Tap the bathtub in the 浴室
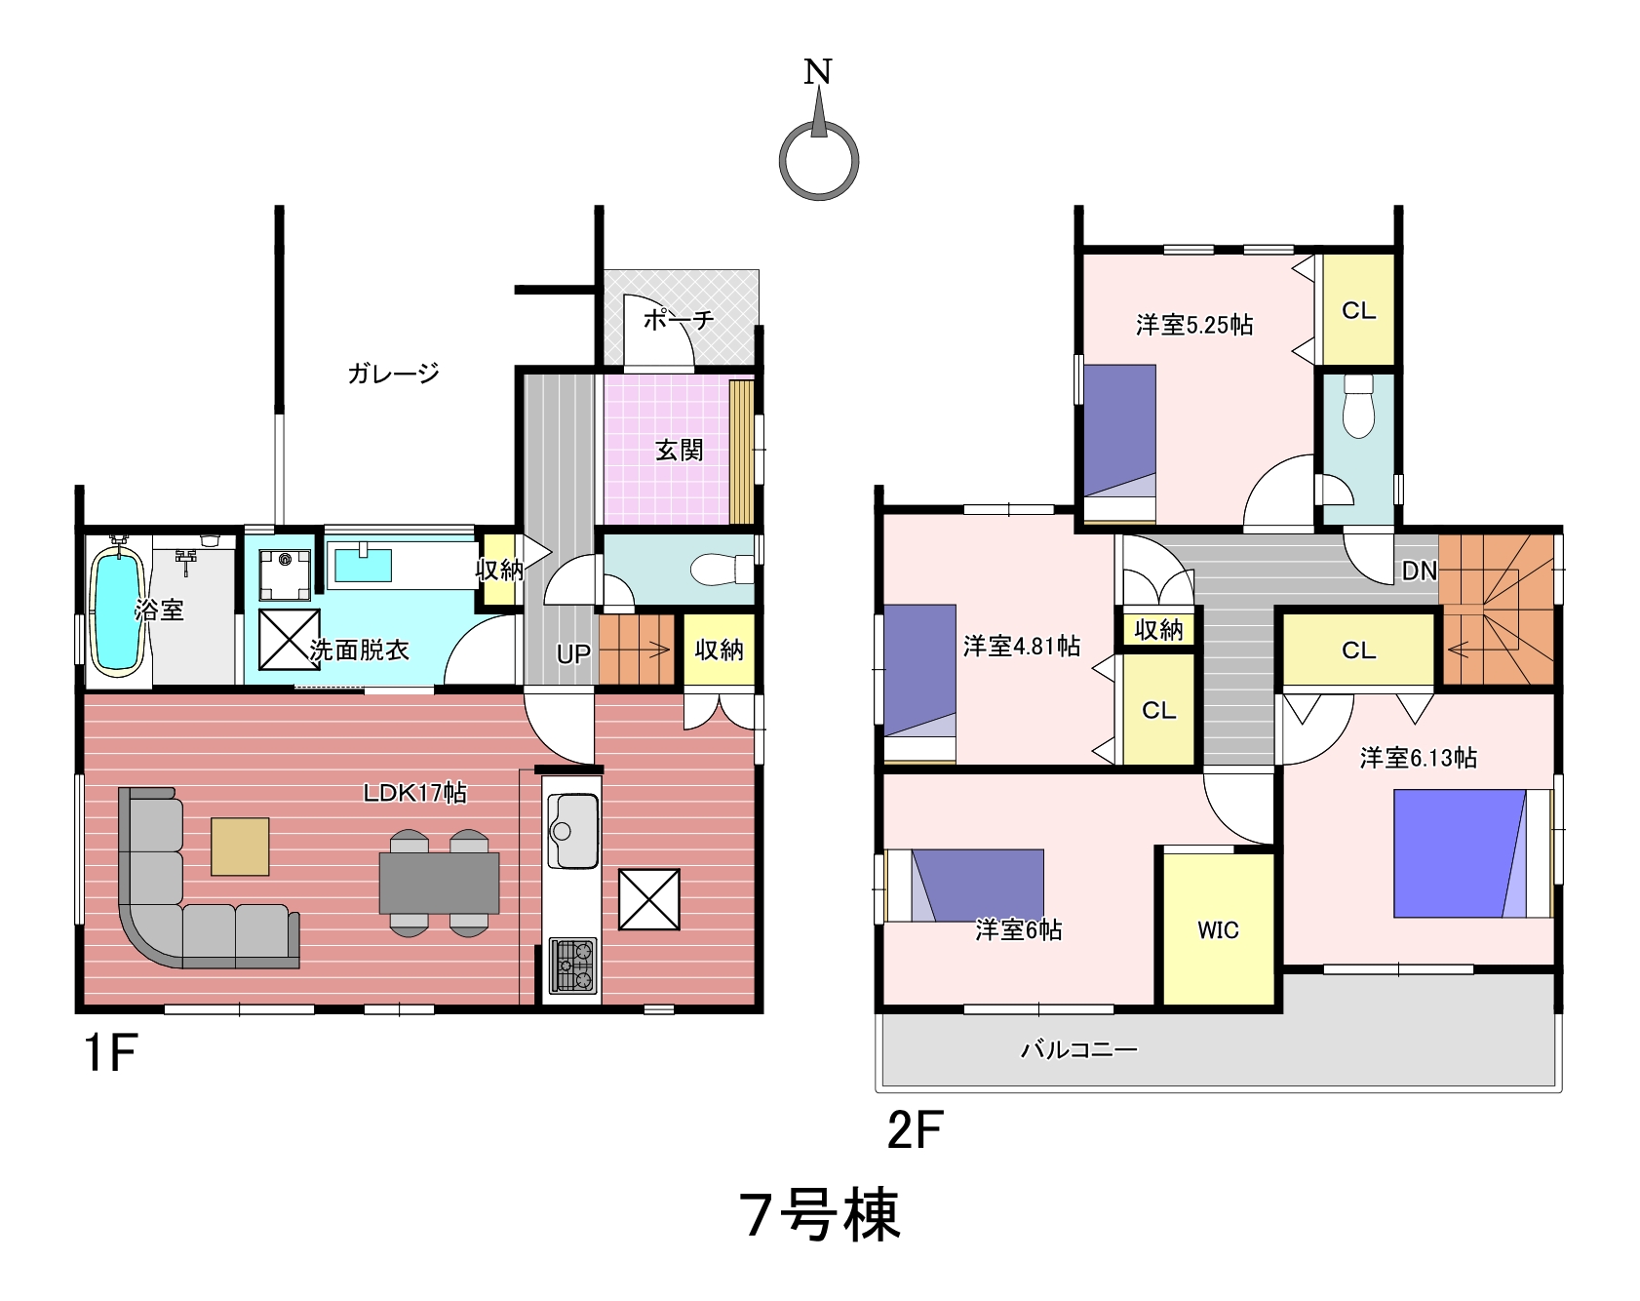pyautogui.click(x=118, y=611)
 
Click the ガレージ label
pyautogui.click(x=394, y=373)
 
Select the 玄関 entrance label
pyautogui.click(x=679, y=451)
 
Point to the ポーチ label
pyautogui.click(x=679, y=319)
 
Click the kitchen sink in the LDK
pyautogui.click(x=572, y=830)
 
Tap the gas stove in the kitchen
pyautogui.click(x=573, y=966)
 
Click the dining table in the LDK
pyautogui.click(x=439, y=883)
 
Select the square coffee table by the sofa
pyautogui.click(x=240, y=847)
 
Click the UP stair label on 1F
pyautogui.click(x=573, y=654)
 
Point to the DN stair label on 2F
pyautogui.click(x=1420, y=571)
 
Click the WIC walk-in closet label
pyautogui.click(x=1218, y=930)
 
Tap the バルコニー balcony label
pyautogui.click(x=1079, y=1050)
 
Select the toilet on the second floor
pyautogui.click(x=1357, y=406)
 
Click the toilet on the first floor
pyautogui.click(x=722, y=569)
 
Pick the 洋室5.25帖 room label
pyautogui.click(x=1194, y=324)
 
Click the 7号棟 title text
pyautogui.click(x=820, y=1215)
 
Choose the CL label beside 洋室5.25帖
pyautogui.click(x=1358, y=311)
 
